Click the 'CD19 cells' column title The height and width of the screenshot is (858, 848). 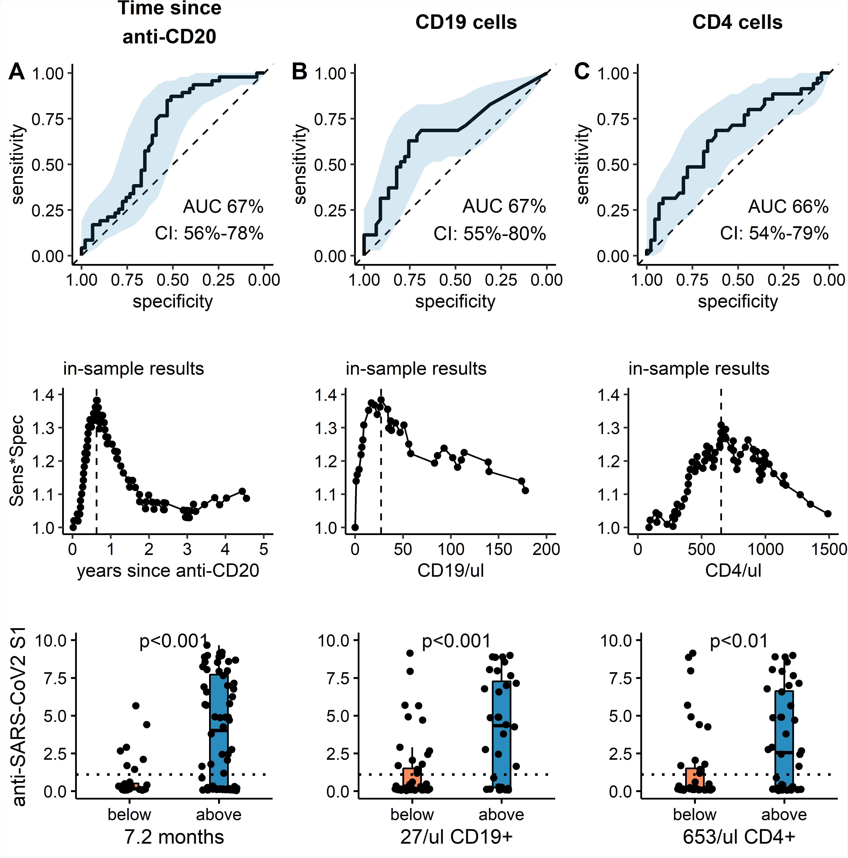(466, 22)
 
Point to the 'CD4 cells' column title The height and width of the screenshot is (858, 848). (737, 22)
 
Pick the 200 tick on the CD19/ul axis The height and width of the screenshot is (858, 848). (546, 549)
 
